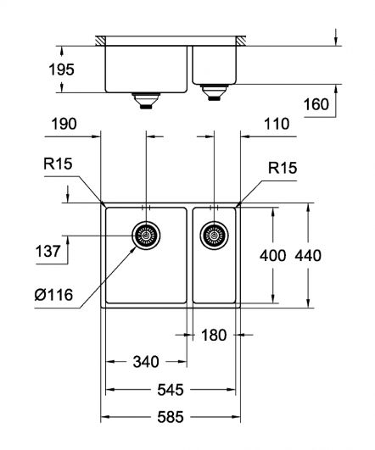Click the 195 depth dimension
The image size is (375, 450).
pyautogui.click(x=61, y=69)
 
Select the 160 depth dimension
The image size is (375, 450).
pyautogui.click(x=316, y=104)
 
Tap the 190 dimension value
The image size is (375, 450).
pyautogui.click(x=64, y=125)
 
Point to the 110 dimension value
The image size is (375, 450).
pyautogui.click(x=277, y=124)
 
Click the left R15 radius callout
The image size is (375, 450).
pyautogui.click(x=58, y=164)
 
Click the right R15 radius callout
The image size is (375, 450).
pyautogui.click(x=283, y=168)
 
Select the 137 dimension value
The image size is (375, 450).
pyautogui.click(x=48, y=252)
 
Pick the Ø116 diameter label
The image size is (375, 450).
pyautogui.click(x=53, y=295)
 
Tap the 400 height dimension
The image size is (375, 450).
pyautogui.click(x=272, y=255)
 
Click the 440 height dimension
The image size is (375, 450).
pyautogui.click(x=308, y=255)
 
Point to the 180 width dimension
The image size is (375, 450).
pyautogui.click(x=214, y=335)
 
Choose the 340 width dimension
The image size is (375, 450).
pyautogui.click(x=146, y=362)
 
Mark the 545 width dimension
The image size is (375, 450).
pyautogui.click(x=171, y=390)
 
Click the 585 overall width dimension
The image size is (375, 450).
pyautogui.click(x=171, y=417)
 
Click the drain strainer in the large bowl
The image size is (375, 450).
pyautogui.click(x=146, y=236)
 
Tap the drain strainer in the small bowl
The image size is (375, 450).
pyautogui.click(x=214, y=236)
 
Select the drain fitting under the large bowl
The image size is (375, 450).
pyautogui.click(x=146, y=101)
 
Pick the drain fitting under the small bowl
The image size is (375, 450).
pyautogui.click(x=214, y=92)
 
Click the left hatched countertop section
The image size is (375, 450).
pyautogui.click(x=100, y=41)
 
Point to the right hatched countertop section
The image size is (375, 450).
pyautogui.click(x=241, y=41)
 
